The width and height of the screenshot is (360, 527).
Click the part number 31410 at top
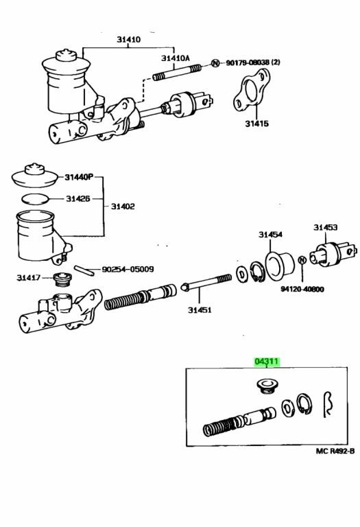[x=129, y=39]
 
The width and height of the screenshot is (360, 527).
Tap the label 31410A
[x=176, y=58]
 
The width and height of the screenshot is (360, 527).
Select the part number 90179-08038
[x=248, y=62]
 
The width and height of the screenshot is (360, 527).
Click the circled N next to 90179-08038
[x=215, y=63]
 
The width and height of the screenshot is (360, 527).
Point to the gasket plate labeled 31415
[x=251, y=90]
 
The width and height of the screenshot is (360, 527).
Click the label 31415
[x=257, y=124]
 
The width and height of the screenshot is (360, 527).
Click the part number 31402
[x=123, y=207]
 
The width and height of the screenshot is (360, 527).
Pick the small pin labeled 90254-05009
[x=84, y=270]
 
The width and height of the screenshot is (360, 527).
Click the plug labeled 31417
[x=62, y=279]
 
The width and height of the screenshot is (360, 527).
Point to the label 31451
[x=200, y=309]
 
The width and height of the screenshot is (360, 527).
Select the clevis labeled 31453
[x=333, y=254]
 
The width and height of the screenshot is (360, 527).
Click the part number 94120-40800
[x=302, y=289]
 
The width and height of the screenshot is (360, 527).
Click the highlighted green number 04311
[x=267, y=362]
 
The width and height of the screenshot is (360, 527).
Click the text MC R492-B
[x=335, y=451]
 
